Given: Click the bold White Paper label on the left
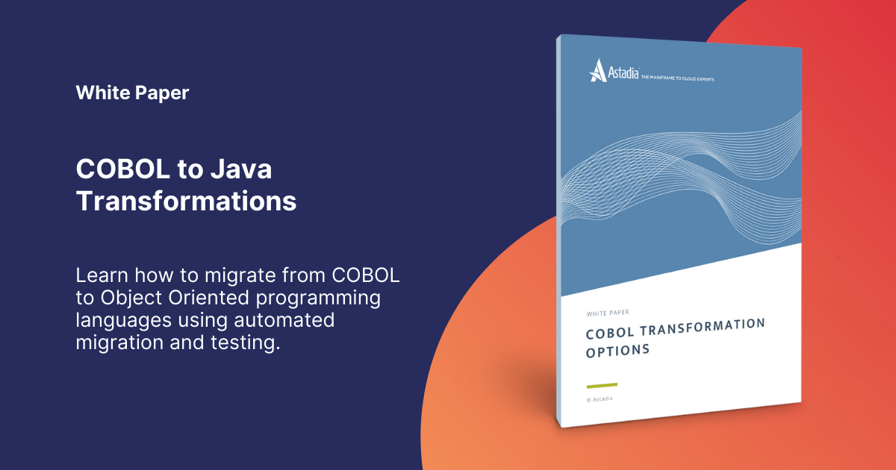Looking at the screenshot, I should [x=132, y=93].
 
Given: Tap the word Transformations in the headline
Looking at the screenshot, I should [x=186, y=201].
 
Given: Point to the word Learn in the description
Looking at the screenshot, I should [x=103, y=275].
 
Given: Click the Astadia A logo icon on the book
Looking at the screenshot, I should [x=597, y=70].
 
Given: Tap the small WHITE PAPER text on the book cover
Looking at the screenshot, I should [x=604, y=313].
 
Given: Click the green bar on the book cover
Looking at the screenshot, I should [x=602, y=385].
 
